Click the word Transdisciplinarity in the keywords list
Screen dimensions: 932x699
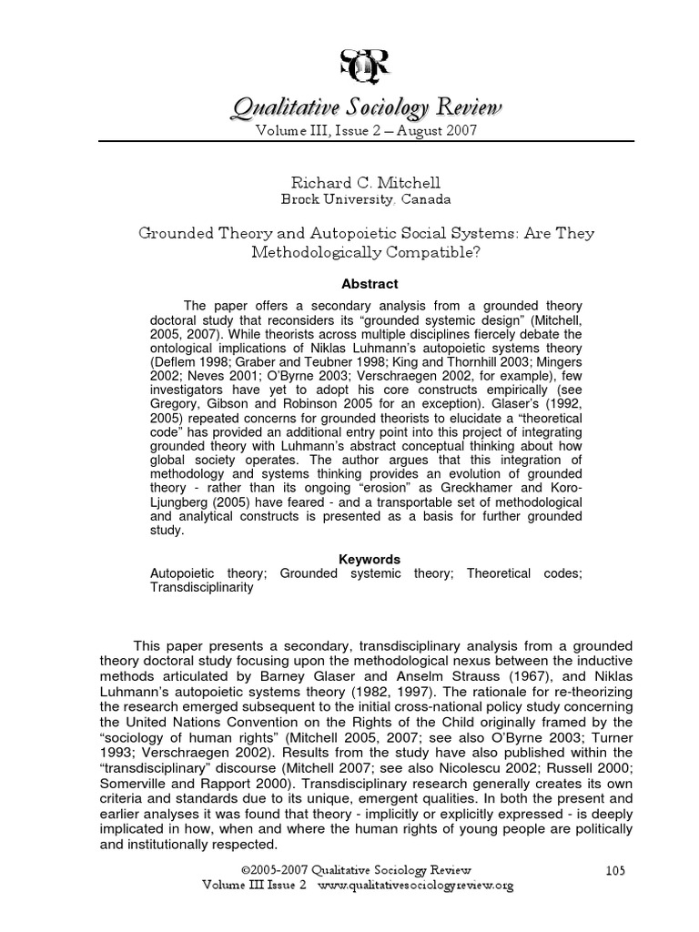[201, 587]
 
